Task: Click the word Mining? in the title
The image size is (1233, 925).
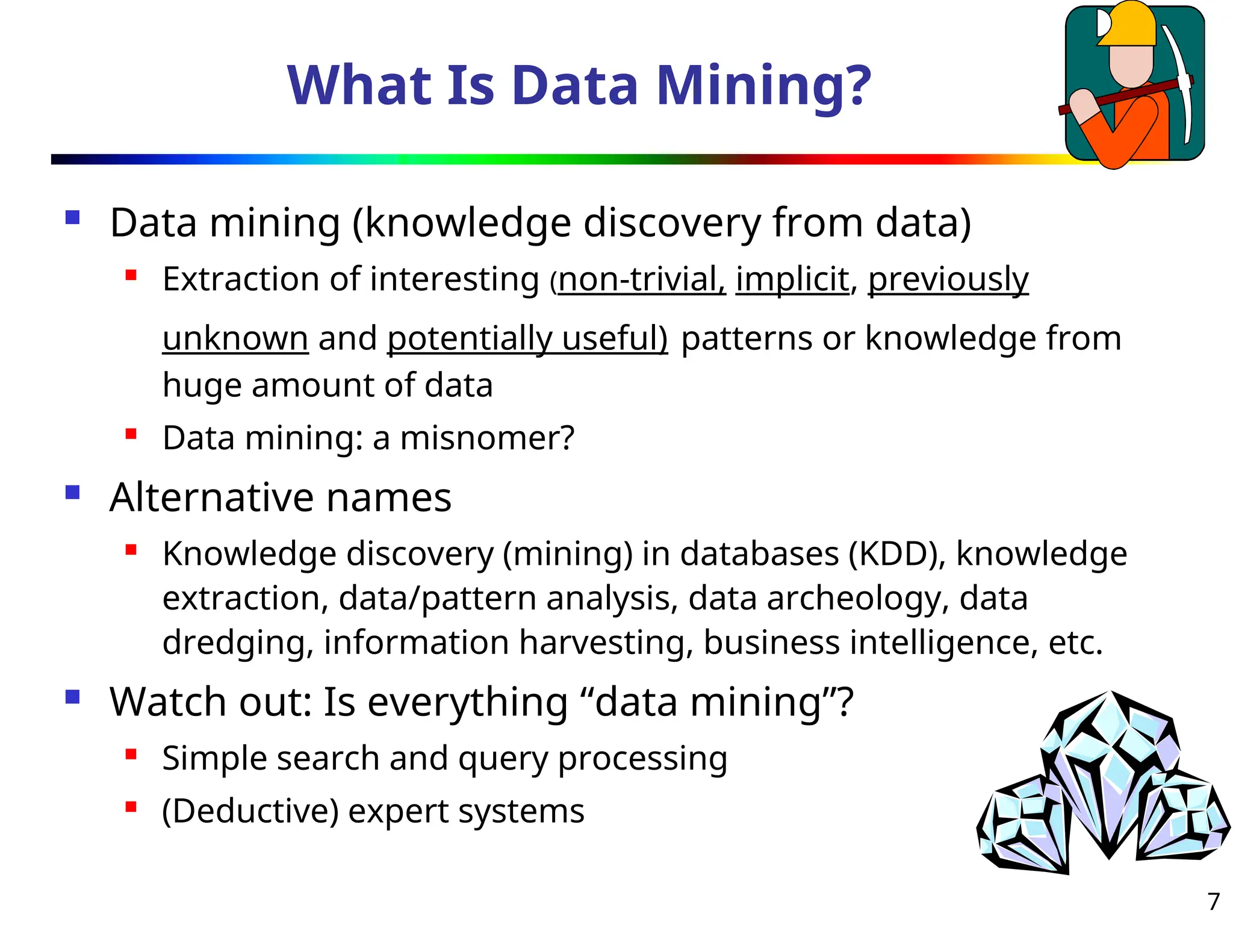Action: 763,86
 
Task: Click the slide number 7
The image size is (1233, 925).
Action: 1213,902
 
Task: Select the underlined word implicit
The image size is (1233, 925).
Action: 792,280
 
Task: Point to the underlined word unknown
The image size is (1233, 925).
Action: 235,338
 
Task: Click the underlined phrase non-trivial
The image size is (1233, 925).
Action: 642,280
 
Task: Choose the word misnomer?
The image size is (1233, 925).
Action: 487,438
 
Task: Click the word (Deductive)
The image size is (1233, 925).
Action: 250,811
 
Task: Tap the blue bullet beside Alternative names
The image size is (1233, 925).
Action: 73,493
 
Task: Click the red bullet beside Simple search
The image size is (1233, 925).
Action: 131,754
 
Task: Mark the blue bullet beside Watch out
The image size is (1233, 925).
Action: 73,697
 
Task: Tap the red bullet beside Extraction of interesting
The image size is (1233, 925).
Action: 131,276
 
